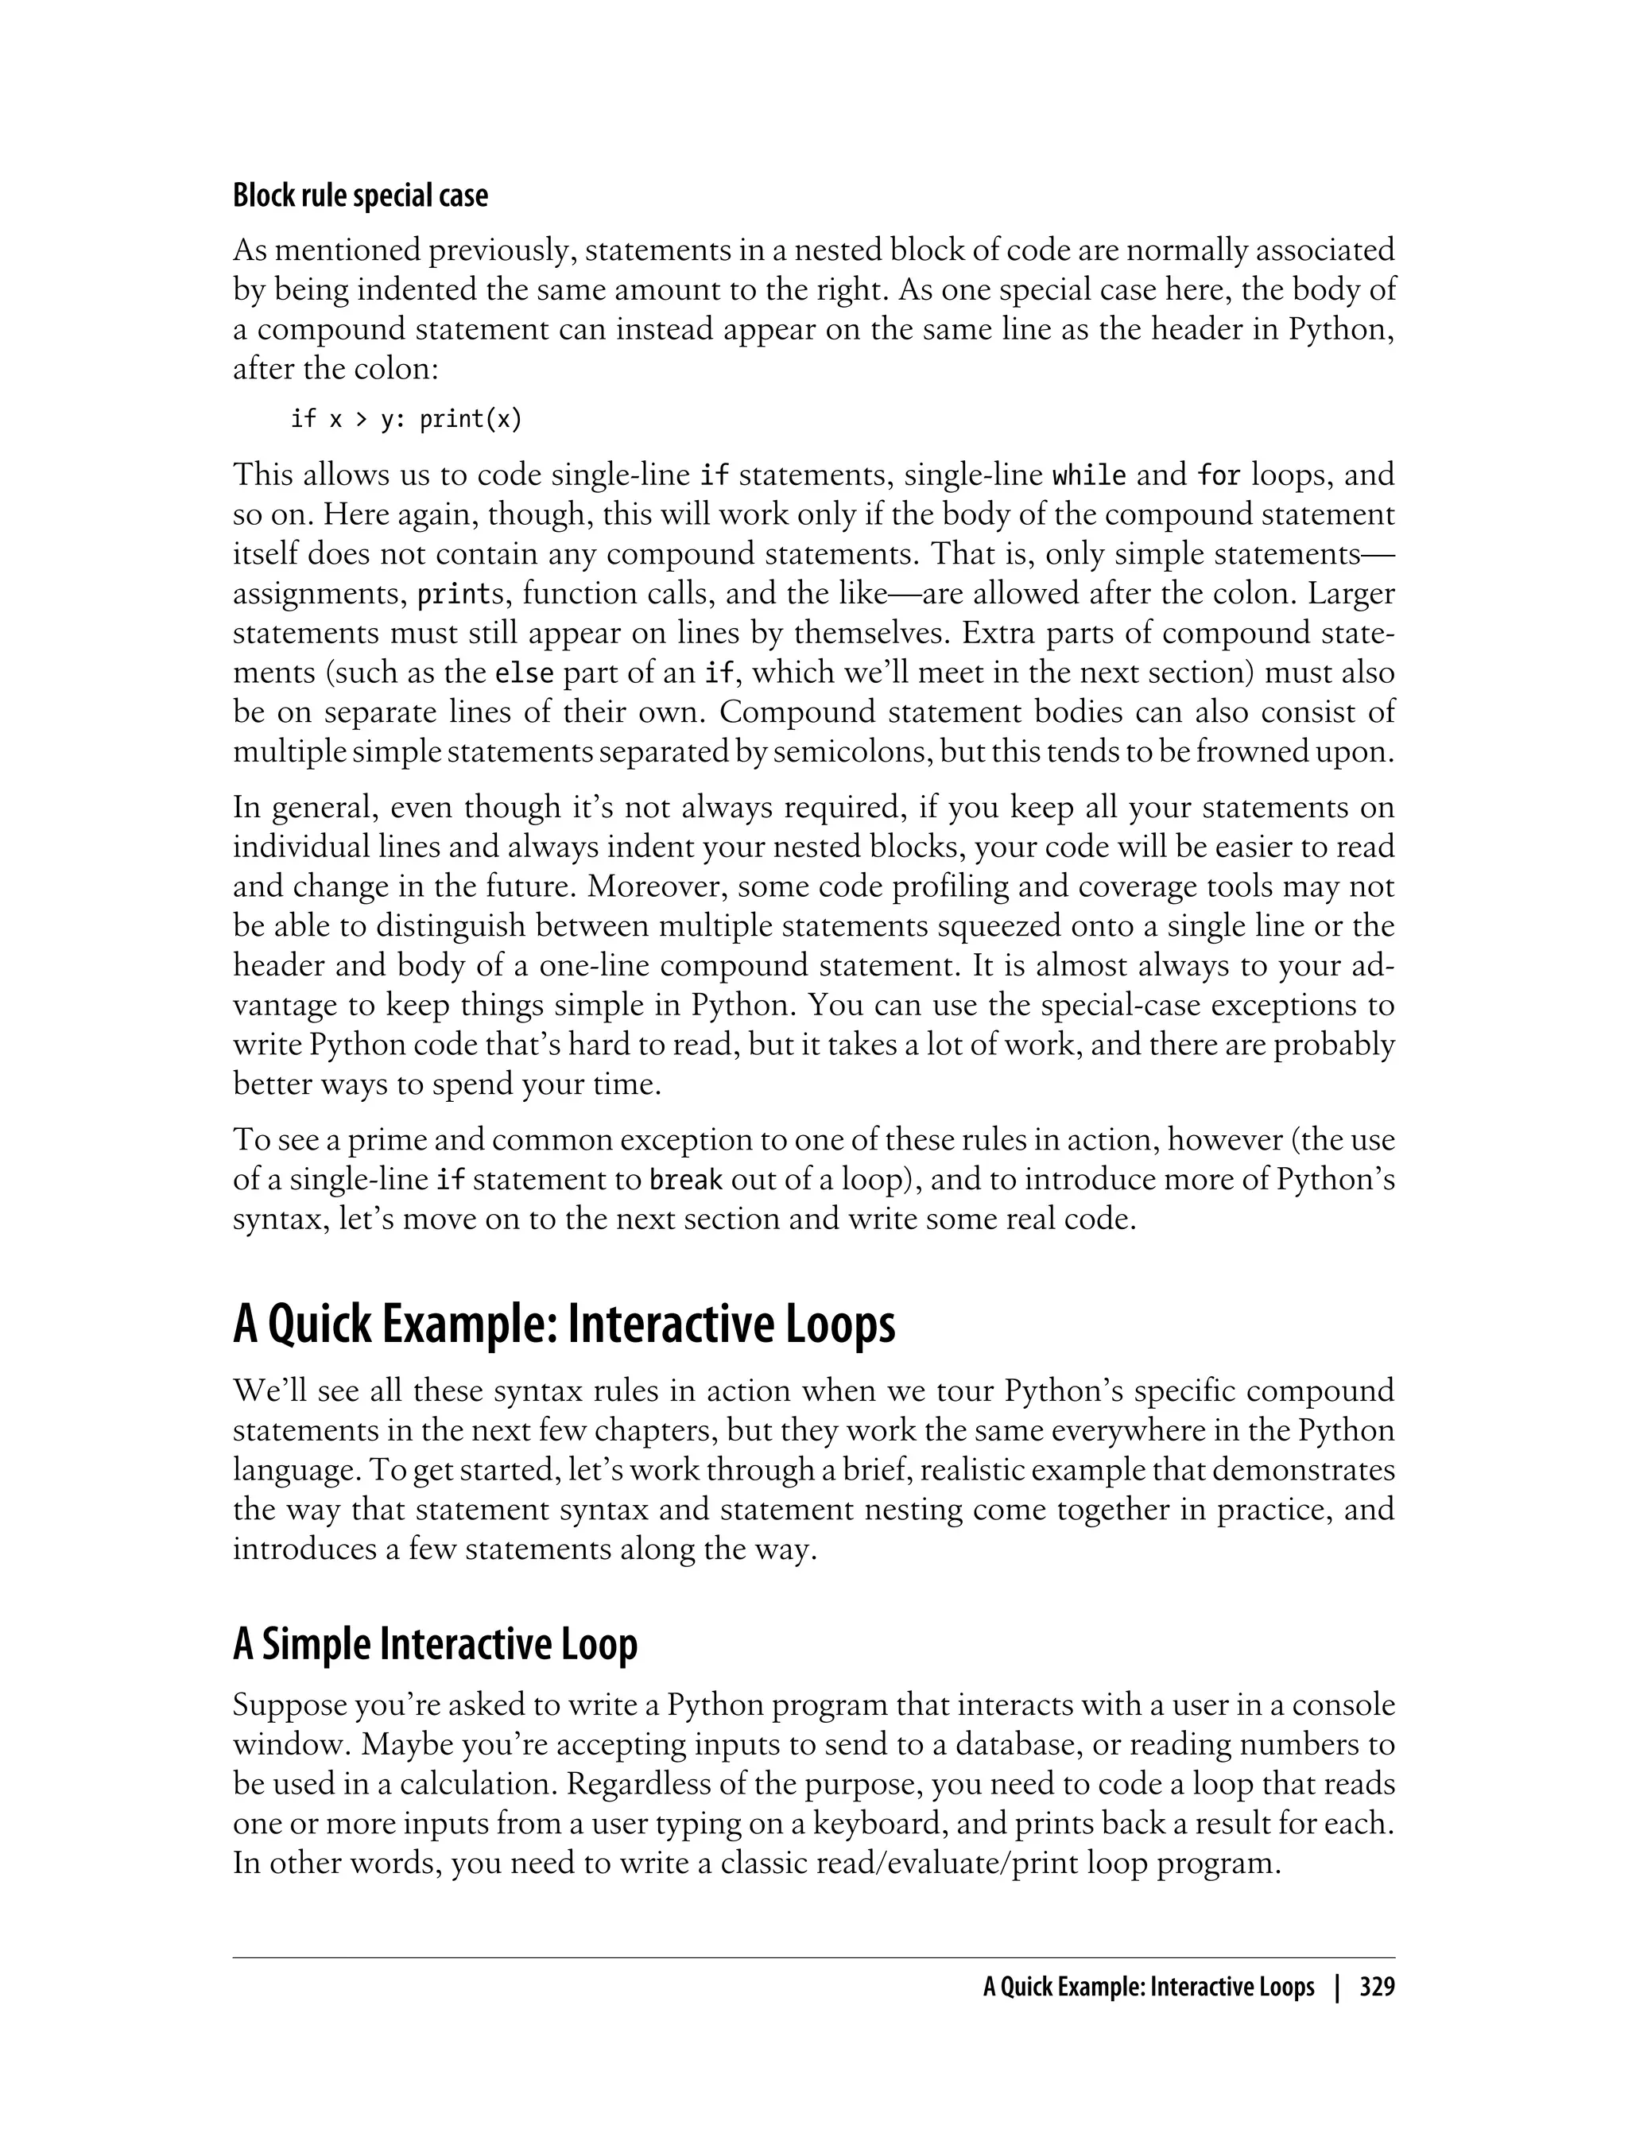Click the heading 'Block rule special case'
(x=360, y=196)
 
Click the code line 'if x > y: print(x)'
(x=406, y=419)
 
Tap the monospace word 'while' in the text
(x=1089, y=476)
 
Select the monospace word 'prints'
(x=454, y=594)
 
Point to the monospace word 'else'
(x=517, y=673)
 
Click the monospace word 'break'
(x=685, y=1181)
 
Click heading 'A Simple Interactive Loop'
(x=435, y=1645)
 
